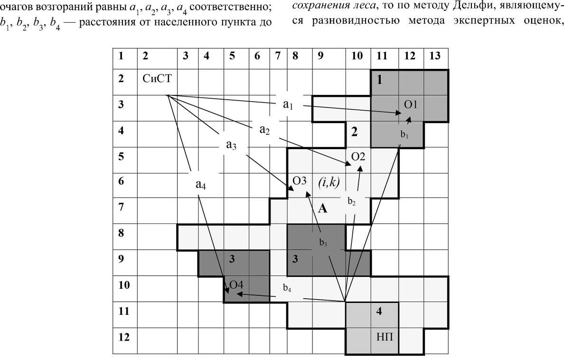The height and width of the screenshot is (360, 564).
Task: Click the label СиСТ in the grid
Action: pos(156,79)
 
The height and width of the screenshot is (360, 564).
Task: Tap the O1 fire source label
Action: pos(411,104)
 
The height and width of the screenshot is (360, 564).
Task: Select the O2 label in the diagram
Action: pos(358,156)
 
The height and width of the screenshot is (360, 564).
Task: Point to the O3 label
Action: pos(300,181)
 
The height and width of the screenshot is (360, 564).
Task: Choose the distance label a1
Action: pos(288,104)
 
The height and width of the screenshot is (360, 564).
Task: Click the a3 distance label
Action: pos(231,145)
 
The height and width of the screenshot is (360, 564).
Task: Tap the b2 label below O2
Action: pos(351,201)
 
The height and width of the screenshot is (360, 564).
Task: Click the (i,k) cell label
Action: pos(329,181)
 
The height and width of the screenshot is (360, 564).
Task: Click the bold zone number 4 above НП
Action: pos(379,311)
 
